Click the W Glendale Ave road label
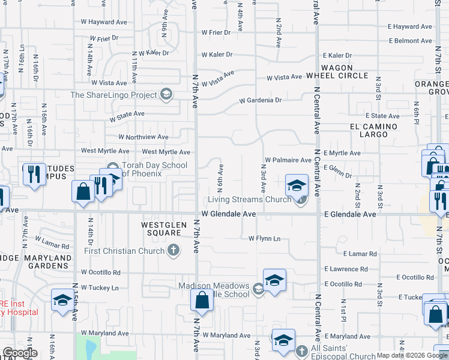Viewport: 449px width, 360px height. (229, 214)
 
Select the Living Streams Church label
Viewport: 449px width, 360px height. (250, 200)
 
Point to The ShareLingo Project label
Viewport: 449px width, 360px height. (113, 95)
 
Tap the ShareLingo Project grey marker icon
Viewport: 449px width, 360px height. (166, 94)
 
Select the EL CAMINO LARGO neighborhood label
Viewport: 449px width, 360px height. (374, 131)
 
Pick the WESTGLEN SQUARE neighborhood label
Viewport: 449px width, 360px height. (161, 229)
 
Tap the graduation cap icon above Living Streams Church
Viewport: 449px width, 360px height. (297, 185)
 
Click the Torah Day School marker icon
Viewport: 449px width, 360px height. (112, 166)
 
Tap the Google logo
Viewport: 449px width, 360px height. (20, 353)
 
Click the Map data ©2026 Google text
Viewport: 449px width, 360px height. (412, 355)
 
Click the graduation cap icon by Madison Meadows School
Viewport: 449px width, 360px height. (274, 280)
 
